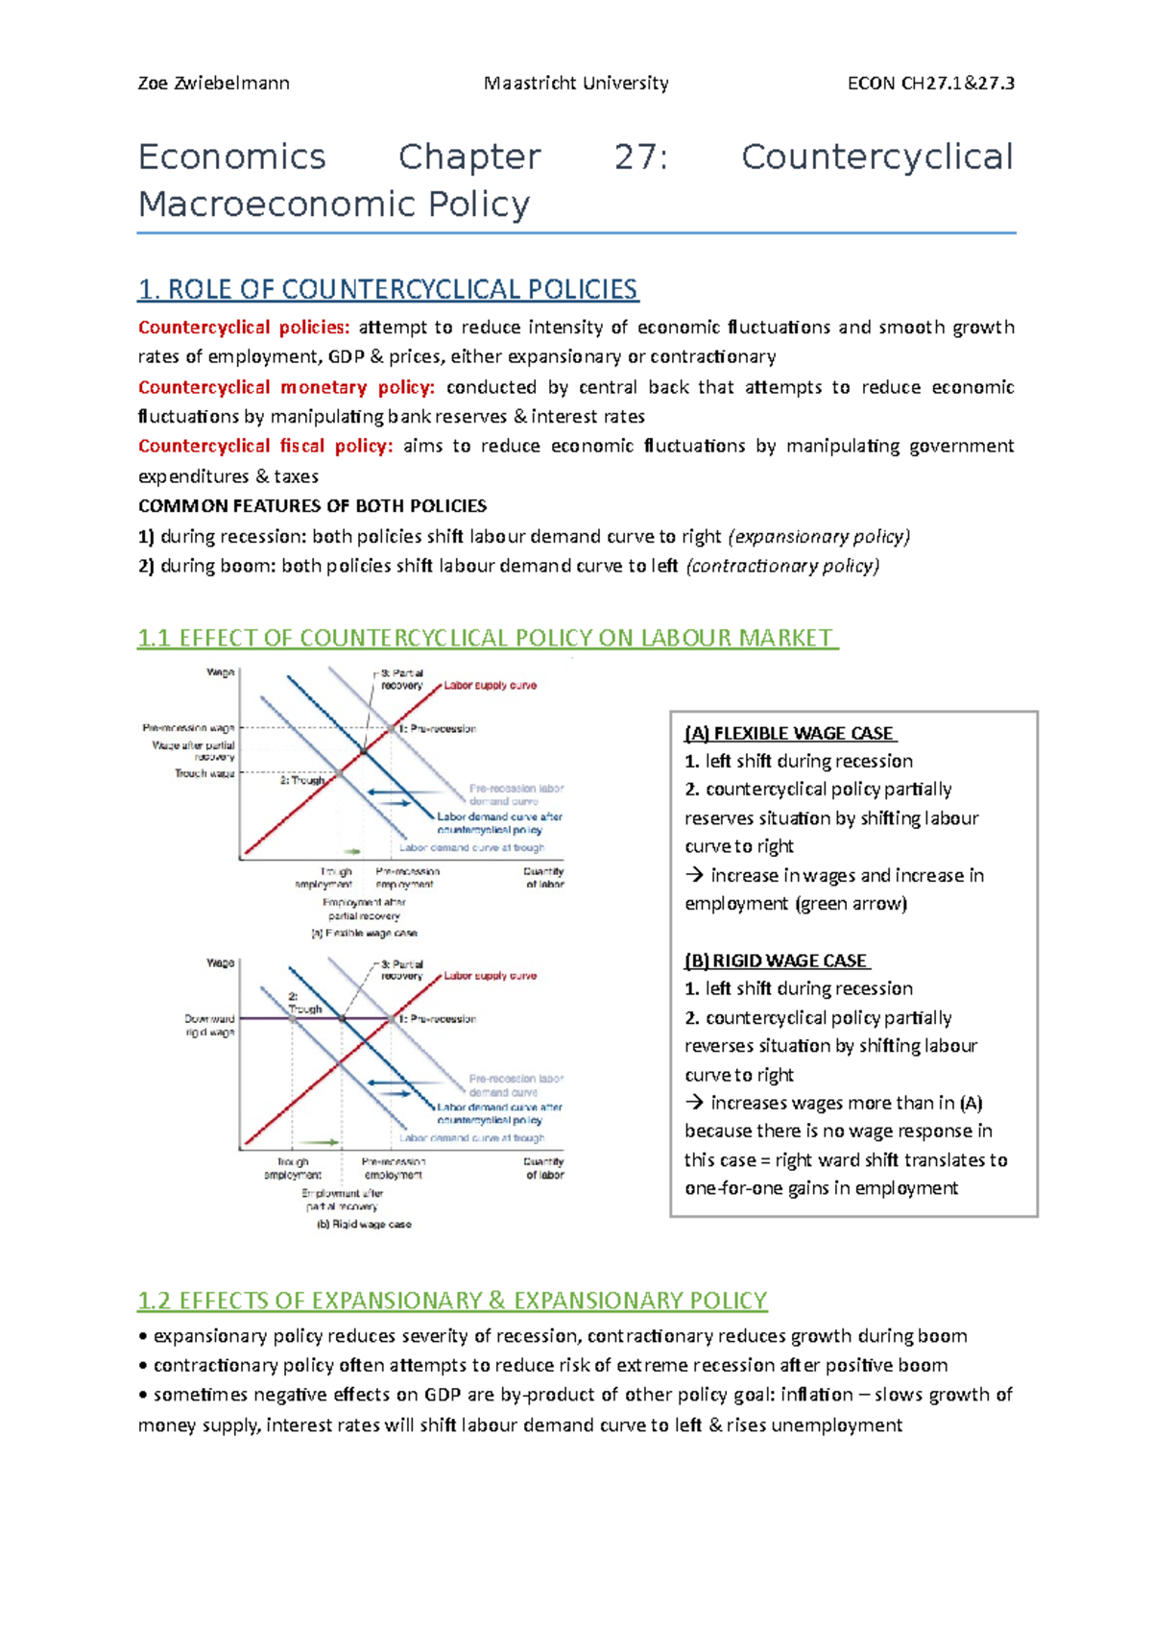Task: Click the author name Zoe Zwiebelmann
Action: pyautogui.click(x=213, y=83)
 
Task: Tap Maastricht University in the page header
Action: pyautogui.click(x=576, y=83)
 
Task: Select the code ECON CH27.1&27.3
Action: pyautogui.click(x=930, y=83)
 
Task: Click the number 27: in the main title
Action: pyautogui.click(x=640, y=157)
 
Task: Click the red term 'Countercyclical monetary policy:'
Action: pyautogui.click(x=286, y=387)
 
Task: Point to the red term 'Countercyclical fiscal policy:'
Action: pyautogui.click(x=265, y=446)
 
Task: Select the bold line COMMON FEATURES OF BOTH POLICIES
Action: pyautogui.click(x=312, y=505)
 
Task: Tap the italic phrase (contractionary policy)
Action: pyautogui.click(x=782, y=566)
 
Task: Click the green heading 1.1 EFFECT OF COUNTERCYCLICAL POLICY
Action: pyautogui.click(x=487, y=638)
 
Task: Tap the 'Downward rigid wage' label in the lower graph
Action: pyautogui.click(x=210, y=1025)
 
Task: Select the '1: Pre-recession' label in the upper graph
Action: pyautogui.click(x=438, y=728)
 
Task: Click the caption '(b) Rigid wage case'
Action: pyautogui.click(x=364, y=1224)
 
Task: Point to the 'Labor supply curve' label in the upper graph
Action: pyautogui.click(x=490, y=686)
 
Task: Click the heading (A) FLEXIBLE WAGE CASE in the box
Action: pyautogui.click(x=790, y=733)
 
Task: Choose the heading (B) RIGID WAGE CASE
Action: pyautogui.click(x=777, y=961)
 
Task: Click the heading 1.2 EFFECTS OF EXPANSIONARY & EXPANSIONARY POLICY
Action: pyautogui.click(x=452, y=1301)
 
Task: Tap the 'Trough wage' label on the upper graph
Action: pyautogui.click(x=204, y=773)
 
